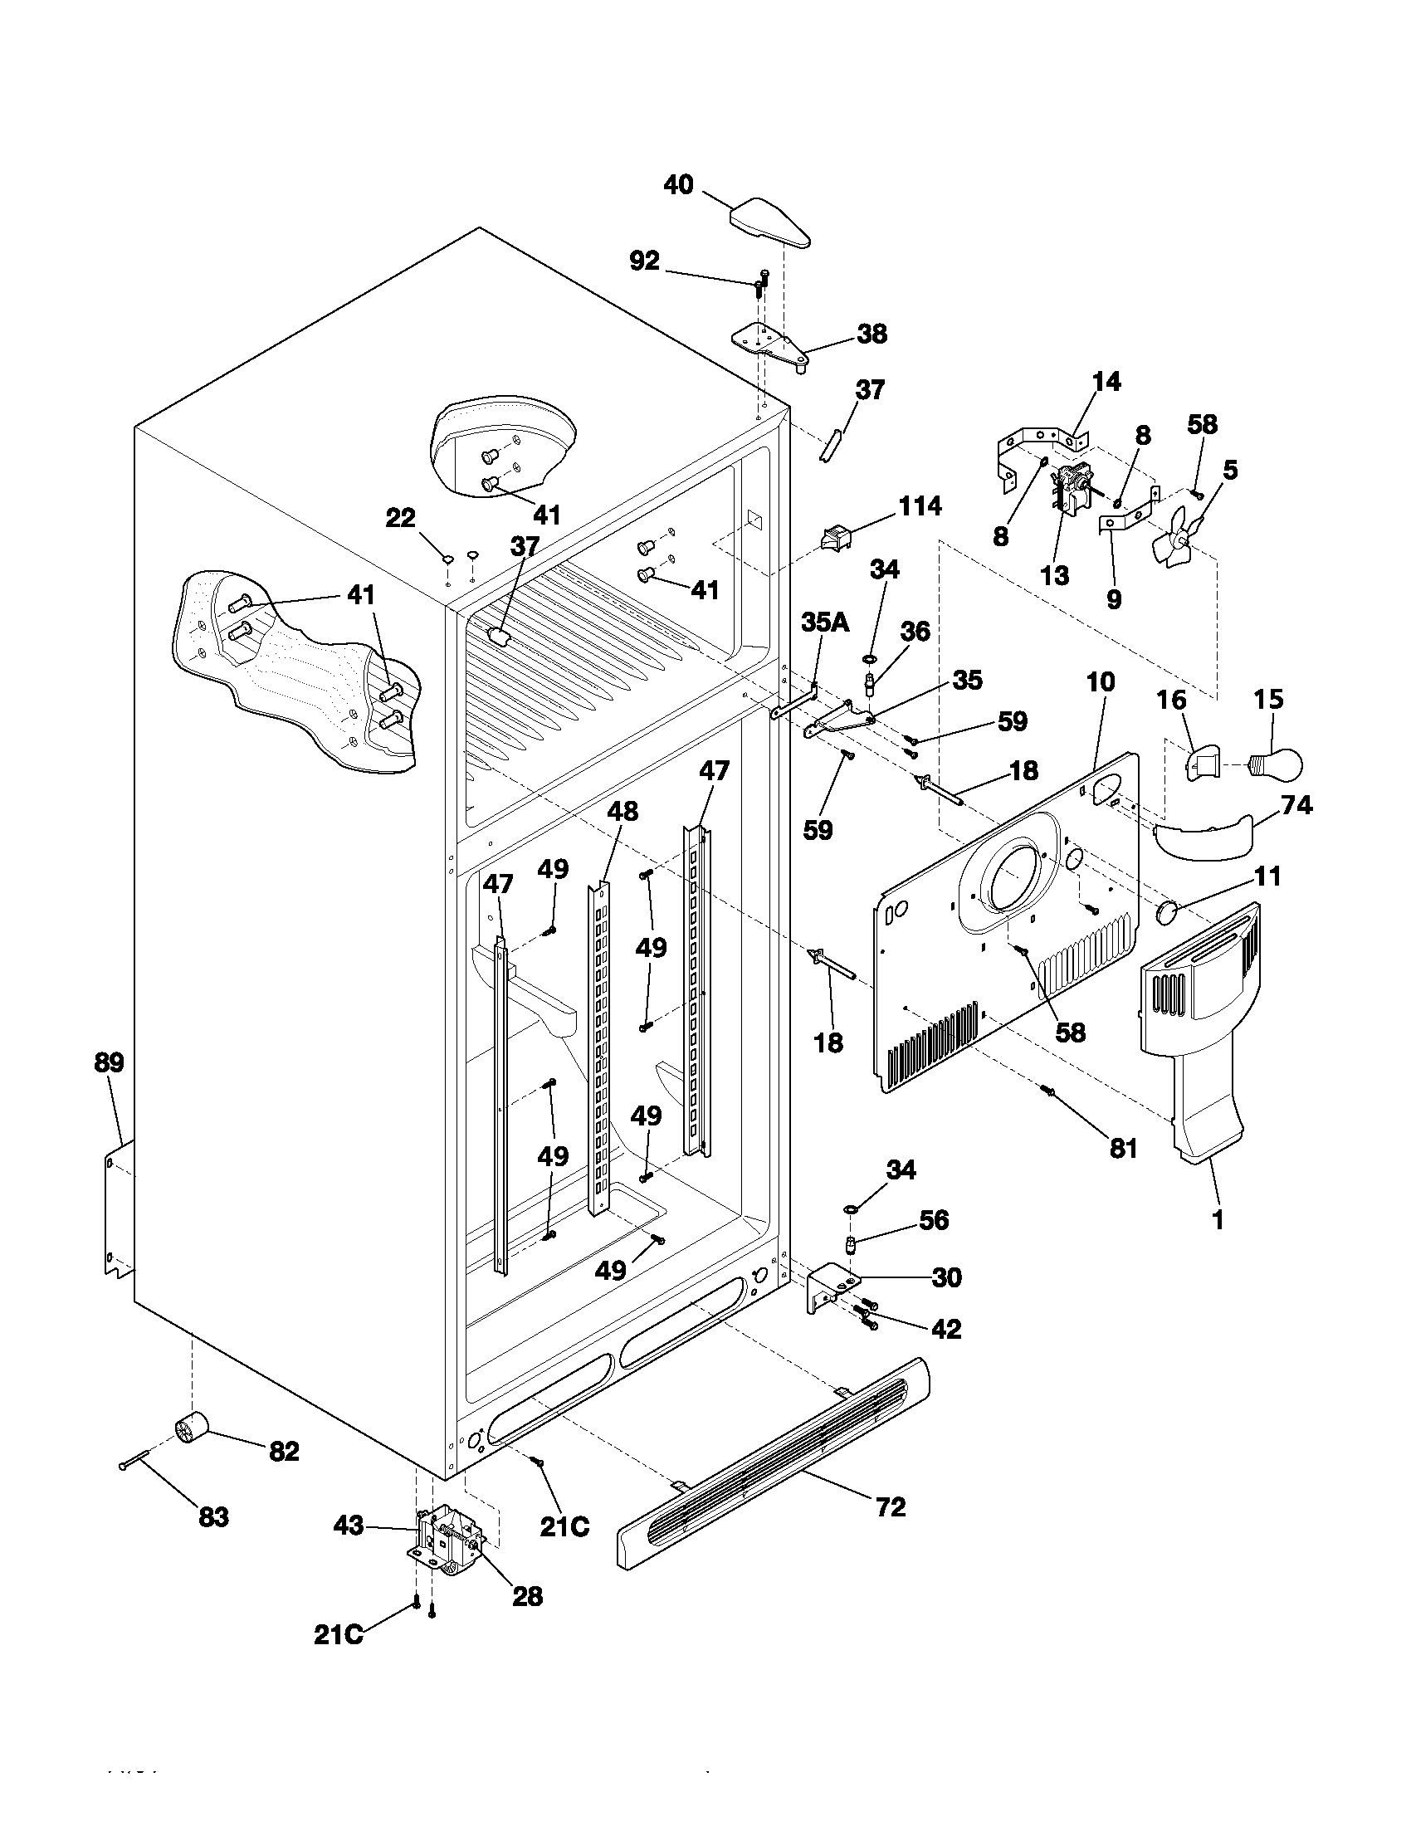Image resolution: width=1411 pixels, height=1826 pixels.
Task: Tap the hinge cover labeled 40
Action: pyautogui.click(x=771, y=222)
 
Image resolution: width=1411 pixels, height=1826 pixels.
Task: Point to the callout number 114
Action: pyautogui.click(x=920, y=505)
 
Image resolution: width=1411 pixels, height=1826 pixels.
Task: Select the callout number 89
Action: pyautogui.click(x=109, y=1062)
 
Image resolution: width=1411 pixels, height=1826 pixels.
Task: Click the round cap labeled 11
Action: pyautogui.click(x=1166, y=912)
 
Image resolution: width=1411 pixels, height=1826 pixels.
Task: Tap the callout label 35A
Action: pyautogui.click(x=825, y=622)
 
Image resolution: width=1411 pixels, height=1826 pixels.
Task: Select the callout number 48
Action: pyautogui.click(x=622, y=811)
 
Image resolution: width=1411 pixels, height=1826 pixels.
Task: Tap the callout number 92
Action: pyautogui.click(x=643, y=261)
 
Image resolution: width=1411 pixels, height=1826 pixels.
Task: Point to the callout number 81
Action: pyautogui.click(x=1124, y=1149)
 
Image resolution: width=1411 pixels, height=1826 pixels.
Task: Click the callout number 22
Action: pyautogui.click(x=400, y=519)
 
